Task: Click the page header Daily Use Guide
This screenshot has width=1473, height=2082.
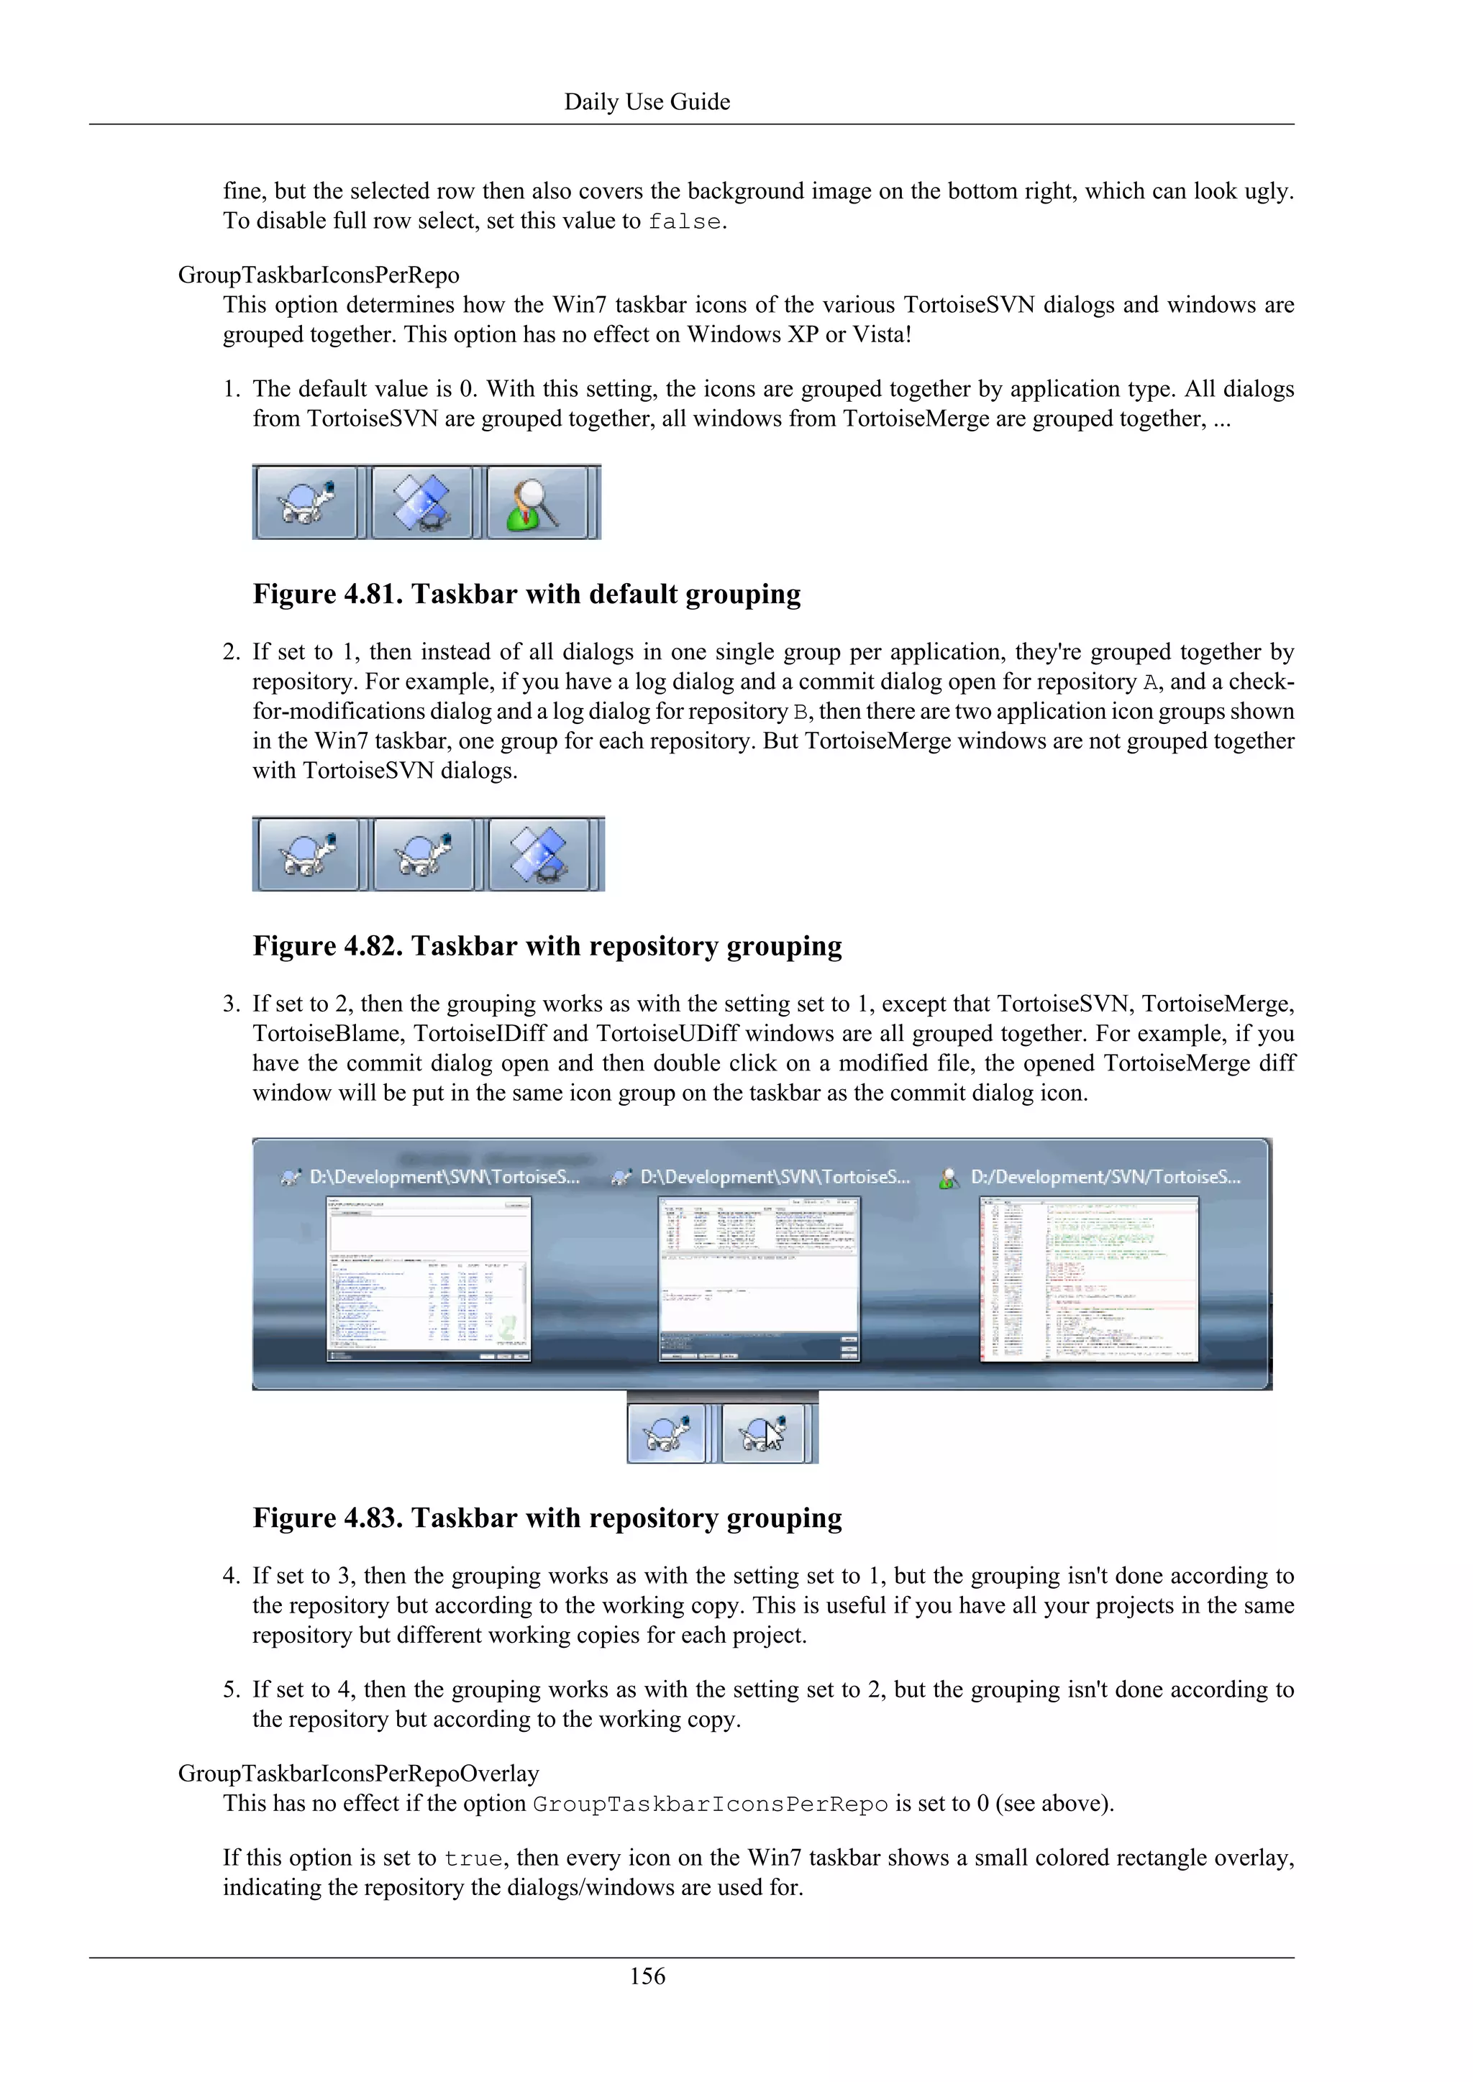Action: click(647, 101)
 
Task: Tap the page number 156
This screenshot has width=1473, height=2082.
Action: click(647, 1976)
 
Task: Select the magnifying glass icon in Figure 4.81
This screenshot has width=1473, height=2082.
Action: click(537, 503)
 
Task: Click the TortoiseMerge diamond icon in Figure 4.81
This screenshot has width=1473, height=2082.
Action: click(421, 503)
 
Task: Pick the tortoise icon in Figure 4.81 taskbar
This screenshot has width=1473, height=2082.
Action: click(306, 503)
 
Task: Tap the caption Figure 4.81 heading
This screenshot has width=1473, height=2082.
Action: click(526, 594)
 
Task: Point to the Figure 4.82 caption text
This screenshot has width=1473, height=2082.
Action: click(547, 946)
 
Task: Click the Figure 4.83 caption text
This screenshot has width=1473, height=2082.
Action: click(547, 1518)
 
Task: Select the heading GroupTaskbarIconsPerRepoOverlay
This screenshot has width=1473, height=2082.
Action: click(358, 1773)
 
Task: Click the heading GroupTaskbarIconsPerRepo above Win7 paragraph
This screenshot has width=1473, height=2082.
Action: click(319, 275)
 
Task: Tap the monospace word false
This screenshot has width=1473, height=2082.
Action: click(685, 221)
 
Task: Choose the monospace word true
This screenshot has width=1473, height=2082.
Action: click(473, 1858)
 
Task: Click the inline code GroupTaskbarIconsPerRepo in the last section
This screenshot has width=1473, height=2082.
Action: click(709, 1804)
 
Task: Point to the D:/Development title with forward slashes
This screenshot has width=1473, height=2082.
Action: click(1105, 1177)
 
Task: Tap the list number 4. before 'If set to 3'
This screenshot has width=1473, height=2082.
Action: click(232, 1576)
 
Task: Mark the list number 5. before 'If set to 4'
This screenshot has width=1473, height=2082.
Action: click(232, 1689)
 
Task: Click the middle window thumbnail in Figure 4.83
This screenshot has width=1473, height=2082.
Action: click(758, 1278)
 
